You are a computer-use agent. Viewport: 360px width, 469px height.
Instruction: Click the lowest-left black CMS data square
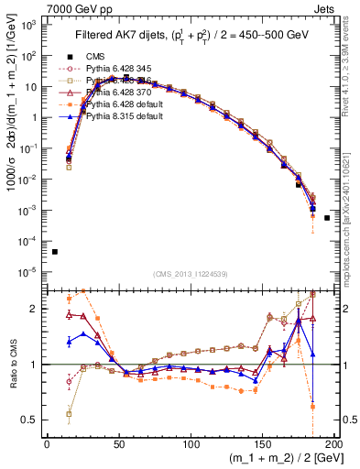coord(54,252)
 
